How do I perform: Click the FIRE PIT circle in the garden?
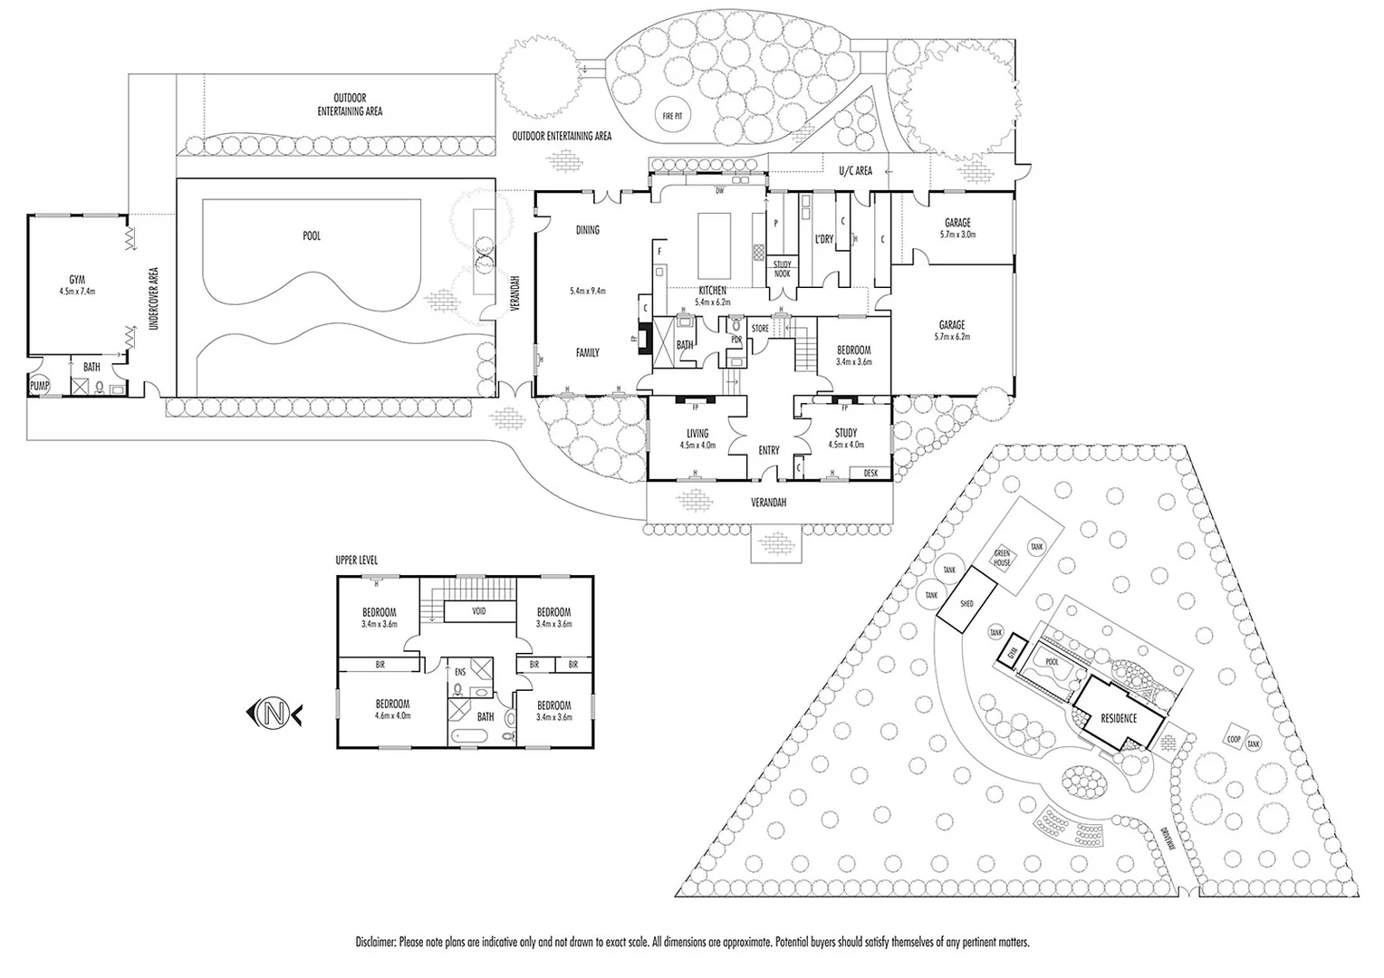click(673, 116)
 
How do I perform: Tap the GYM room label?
click(76, 280)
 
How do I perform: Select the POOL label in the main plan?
click(312, 236)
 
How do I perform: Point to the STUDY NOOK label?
click(781, 269)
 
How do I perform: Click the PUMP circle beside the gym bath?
click(40, 384)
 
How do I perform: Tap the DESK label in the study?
click(870, 473)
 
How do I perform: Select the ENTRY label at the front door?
click(769, 450)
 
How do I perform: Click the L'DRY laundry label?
click(823, 239)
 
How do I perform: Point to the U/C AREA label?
click(855, 170)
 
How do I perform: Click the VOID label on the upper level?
click(478, 611)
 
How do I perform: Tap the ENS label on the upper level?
click(460, 673)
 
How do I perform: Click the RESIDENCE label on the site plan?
click(1118, 718)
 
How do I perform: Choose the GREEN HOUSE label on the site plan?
click(1002, 558)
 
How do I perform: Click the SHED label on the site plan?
click(966, 603)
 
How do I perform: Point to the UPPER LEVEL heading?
click(357, 561)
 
